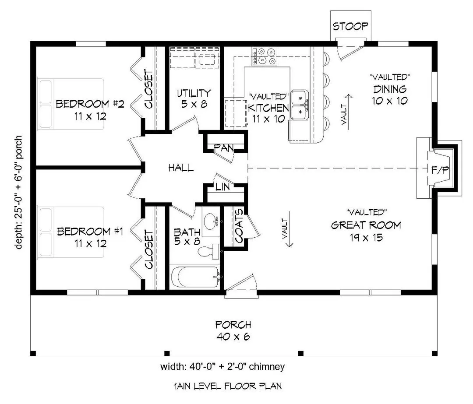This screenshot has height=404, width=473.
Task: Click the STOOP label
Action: click(x=350, y=26)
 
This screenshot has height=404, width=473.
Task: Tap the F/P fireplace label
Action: click(x=440, y=170)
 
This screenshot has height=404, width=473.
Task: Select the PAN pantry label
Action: click(x=224, y=148)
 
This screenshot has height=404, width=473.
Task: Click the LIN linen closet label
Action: click(x=222, y=187)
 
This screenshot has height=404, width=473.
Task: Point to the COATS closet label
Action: click(x=239, y=226)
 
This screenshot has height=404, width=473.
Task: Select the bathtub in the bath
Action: click(x=194, y=277)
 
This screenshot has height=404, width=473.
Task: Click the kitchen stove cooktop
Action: click(x=265, y=56)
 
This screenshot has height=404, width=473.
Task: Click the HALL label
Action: click(x=181, y=168)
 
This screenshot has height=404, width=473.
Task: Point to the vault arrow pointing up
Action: click(x=349, y=112)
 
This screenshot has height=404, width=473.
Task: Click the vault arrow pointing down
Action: click(x=289, y=229)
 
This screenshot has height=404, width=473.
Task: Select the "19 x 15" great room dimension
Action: click(x=366, y=238)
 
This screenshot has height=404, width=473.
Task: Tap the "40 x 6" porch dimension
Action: click(x=233, y=337)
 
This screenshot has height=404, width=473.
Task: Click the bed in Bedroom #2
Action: click(x=70, y=104)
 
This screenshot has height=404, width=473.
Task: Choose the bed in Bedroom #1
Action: click(x=70, y=232)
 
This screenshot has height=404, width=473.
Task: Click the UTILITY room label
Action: click(x=194, y=93)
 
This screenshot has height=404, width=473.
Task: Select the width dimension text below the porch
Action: click(x=222, y=367)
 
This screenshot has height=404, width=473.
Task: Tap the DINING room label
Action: click(x=390, y=89)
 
